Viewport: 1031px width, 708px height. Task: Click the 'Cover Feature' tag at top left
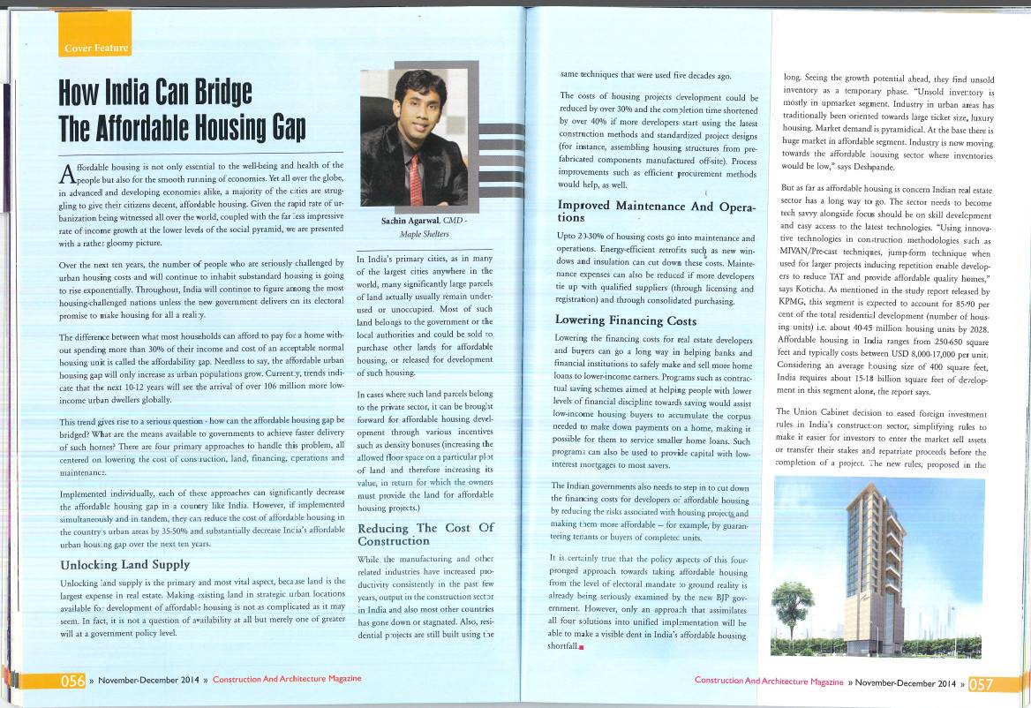(x=96, y=48)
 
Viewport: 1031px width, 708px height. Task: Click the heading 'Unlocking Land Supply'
(x=124, y=564)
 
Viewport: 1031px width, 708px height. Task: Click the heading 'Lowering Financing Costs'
(x=626, y=320)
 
